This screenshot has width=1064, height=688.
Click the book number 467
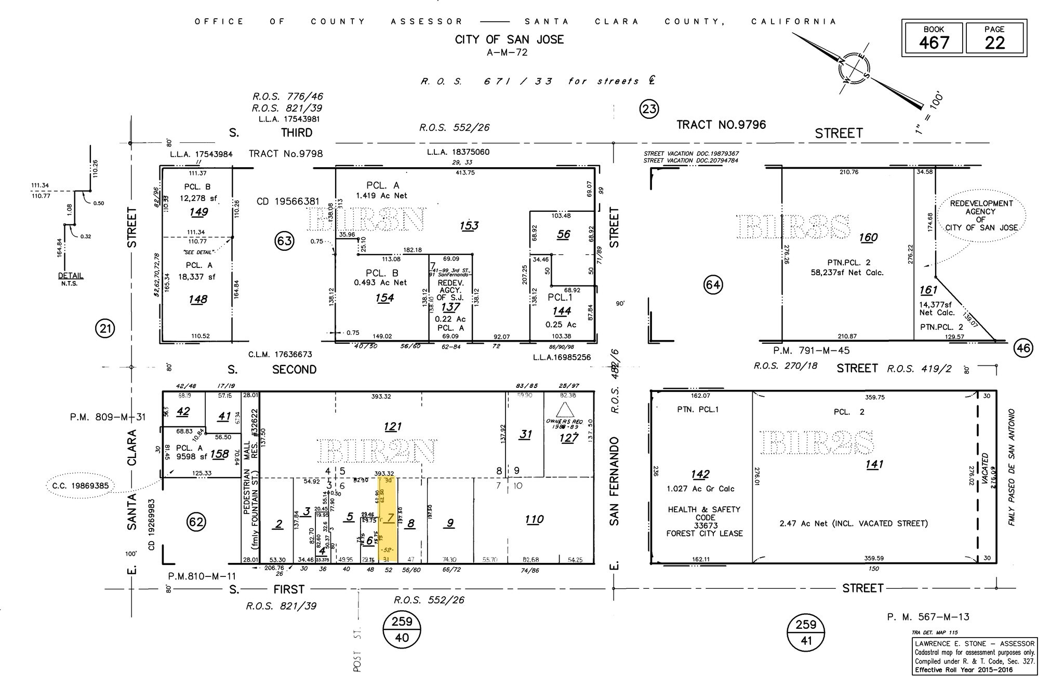[934, 42]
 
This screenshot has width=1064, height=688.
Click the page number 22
[994, 42]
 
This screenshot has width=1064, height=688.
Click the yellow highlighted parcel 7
[388, 519]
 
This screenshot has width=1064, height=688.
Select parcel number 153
[469, 225]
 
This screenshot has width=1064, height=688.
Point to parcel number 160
[868, 237]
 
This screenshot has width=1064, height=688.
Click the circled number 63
[285, 240]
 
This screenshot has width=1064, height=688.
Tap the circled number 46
[1023, 348]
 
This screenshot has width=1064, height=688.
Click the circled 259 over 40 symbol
[402, 629]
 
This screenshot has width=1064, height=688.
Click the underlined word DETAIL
[71, 276]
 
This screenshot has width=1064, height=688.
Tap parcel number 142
[700, 475]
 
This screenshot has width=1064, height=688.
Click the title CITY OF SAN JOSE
[509, 39]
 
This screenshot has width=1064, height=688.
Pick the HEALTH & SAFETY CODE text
[704, 517]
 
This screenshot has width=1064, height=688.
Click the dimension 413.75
[465, 172]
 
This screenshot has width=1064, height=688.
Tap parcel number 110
[534, 519]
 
